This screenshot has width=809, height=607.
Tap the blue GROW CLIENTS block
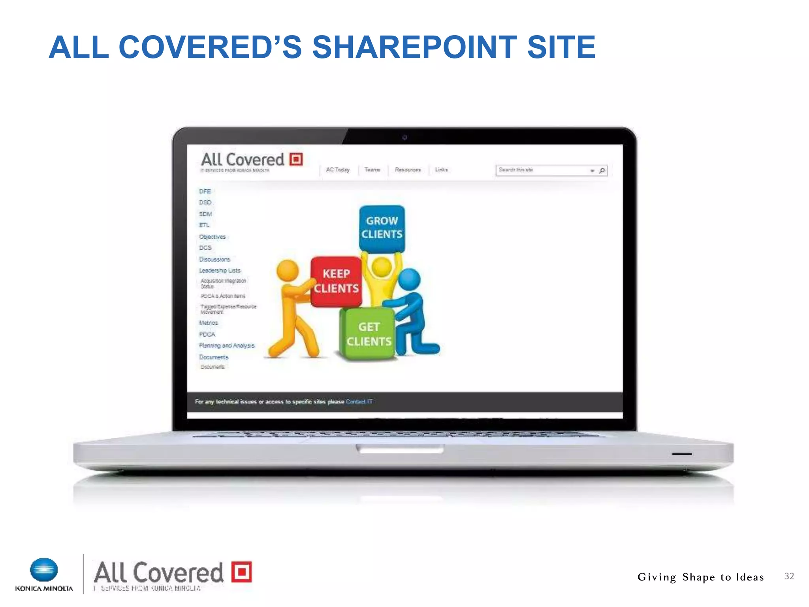[x=382, y=228]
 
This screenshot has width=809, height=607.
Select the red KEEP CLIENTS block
[x=336, y=281]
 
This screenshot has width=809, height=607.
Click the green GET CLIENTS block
[x=369, y=334]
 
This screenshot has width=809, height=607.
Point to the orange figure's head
[x=288, y=270]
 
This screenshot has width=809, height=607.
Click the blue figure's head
[x=409, y=279]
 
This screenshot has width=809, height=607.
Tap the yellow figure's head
[x=382, y=267]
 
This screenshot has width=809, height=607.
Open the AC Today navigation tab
[x=338, y=170]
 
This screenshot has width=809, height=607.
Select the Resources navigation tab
[x=408, y=170]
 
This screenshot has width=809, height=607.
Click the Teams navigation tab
[x=372, y=170]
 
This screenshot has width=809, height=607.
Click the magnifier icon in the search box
[x=602, y=171]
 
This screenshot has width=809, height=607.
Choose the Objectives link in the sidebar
[x=213, y=237]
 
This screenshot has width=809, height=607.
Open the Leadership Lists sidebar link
[x=220, y=271]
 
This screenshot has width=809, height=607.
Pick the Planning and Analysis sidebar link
[x=227, y=346]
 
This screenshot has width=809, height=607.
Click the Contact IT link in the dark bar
[x=359, y=402]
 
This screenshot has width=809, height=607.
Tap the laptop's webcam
[x=404, y=138]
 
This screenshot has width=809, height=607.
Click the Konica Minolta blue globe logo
[x=44, y=570]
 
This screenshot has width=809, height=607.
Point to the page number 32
[x=789, y=576]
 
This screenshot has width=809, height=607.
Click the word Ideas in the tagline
[x=749, y=577]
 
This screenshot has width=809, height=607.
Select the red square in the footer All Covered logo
[x=241, y=572]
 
